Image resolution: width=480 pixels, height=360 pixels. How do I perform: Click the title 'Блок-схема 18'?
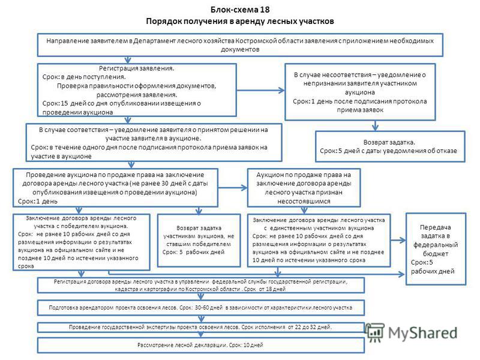click(x=240, y=10)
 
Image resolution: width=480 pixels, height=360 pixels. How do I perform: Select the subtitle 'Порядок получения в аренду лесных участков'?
click(x=239, y=22)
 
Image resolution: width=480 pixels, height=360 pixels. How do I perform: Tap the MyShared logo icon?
click(x=374, y=332)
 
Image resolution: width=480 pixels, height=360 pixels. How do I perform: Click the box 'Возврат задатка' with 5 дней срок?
click(x=390, y=146)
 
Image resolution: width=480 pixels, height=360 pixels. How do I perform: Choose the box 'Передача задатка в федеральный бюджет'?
click(x=436, y=249)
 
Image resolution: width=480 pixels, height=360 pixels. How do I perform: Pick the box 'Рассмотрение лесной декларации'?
click(x=201, y=345)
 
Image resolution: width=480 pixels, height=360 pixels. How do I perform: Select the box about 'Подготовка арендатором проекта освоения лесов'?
click(x=201, y=308)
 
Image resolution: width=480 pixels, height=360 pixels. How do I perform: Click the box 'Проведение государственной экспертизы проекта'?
click(x=201, y=327)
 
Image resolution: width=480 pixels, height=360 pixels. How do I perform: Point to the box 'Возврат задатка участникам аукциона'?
click(x=199, y=241)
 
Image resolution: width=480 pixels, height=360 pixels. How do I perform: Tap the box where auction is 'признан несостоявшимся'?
click(x=304, y=188)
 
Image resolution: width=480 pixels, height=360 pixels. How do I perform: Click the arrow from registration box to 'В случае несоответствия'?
click(x=260, y=90)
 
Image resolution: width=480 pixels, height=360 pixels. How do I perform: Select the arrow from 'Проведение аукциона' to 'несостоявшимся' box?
click(x=233, y=188)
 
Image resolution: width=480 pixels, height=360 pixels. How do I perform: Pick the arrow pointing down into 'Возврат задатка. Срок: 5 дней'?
click(x=376, y=125)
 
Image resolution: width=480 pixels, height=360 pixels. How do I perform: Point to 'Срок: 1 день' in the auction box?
click(x=38, y=202)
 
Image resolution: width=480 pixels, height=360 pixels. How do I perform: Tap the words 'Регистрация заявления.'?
click(x=137, y=68)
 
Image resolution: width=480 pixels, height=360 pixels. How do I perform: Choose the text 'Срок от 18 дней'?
click(x=265, y=289)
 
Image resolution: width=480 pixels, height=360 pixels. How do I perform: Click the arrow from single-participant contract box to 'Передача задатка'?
click(x=398, y=241)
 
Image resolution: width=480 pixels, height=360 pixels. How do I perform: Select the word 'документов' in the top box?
click(x=240, y=49)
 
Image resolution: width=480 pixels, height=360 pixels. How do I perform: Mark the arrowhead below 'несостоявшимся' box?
click(x=304, y=211)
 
